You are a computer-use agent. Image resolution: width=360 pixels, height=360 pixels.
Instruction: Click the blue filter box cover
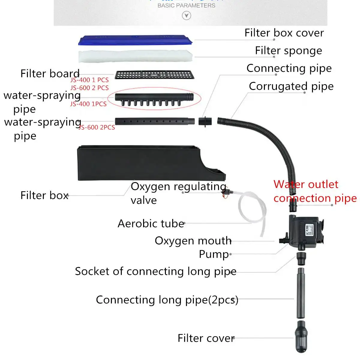click(x=135, y=40)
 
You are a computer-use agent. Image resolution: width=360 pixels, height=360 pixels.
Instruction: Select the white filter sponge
click(x=135, y=56)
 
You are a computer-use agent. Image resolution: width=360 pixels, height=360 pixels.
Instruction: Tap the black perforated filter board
click(x=154, y=75)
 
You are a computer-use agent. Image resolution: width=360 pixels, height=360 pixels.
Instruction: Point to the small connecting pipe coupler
click(x=205, y=121)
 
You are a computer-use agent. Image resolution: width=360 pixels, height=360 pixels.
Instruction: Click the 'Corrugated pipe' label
click(x=291, y=86)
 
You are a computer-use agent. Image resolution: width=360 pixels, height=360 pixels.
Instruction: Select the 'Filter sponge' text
click(x=288, y=51)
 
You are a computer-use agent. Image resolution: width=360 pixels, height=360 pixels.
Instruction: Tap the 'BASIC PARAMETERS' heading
click(x=186, y=5)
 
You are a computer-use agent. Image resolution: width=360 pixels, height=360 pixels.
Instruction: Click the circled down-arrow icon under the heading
click(x=187, y=16)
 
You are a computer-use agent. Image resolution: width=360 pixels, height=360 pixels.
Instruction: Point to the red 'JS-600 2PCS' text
click(x=97, y=127)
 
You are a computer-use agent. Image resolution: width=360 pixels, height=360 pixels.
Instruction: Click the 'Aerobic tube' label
click(x=151, y=223)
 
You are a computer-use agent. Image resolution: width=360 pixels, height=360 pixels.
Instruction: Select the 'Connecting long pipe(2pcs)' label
click(x=167, y=300)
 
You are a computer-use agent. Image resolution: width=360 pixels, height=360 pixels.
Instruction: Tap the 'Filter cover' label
click(x=206, y=338)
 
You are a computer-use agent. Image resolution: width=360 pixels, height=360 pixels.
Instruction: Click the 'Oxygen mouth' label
click(x=193, y=241)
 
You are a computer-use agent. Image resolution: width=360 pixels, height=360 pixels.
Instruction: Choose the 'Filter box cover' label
click(x=284, y=33)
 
